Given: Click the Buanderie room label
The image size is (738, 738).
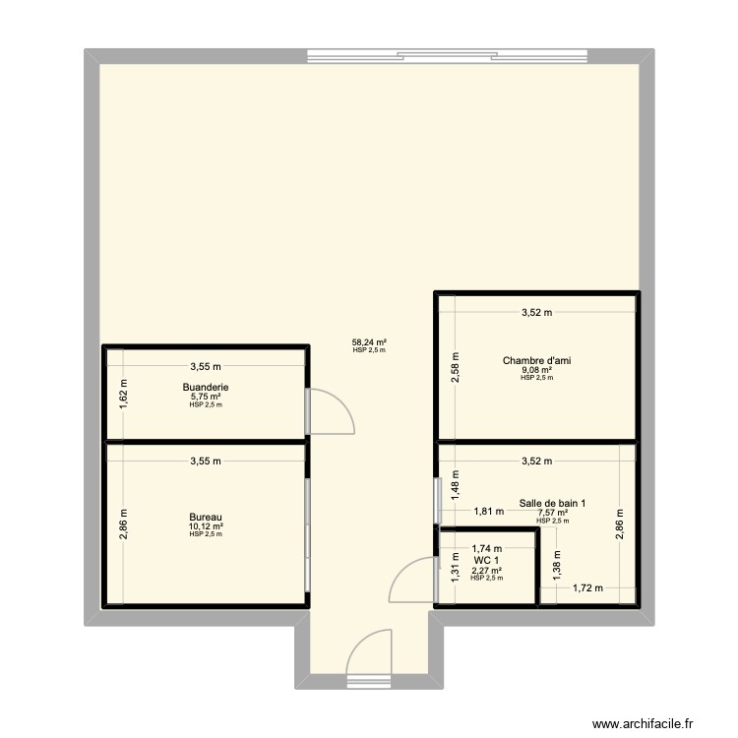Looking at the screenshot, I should pos(206,388).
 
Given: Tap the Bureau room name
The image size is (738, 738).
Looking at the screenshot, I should pos(206,517).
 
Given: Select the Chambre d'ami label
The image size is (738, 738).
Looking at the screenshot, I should pos(537,361).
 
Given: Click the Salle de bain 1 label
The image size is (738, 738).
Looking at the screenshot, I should pos(552,504).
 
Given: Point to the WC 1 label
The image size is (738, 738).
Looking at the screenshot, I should pos(486,560).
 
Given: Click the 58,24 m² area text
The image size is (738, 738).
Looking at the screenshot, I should pos(369,343).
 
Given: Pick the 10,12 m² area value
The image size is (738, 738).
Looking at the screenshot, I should pos(206,526).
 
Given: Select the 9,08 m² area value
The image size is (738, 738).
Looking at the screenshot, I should pos(537,370).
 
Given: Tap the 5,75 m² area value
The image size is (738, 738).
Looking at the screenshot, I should pos(206,397).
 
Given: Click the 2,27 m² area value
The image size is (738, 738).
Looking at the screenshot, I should pos(486,570).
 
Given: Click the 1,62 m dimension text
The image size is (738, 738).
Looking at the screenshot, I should pos(124,395).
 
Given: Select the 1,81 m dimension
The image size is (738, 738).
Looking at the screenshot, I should pos(489,511).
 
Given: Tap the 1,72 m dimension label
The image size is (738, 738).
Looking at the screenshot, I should pos(588,588).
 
